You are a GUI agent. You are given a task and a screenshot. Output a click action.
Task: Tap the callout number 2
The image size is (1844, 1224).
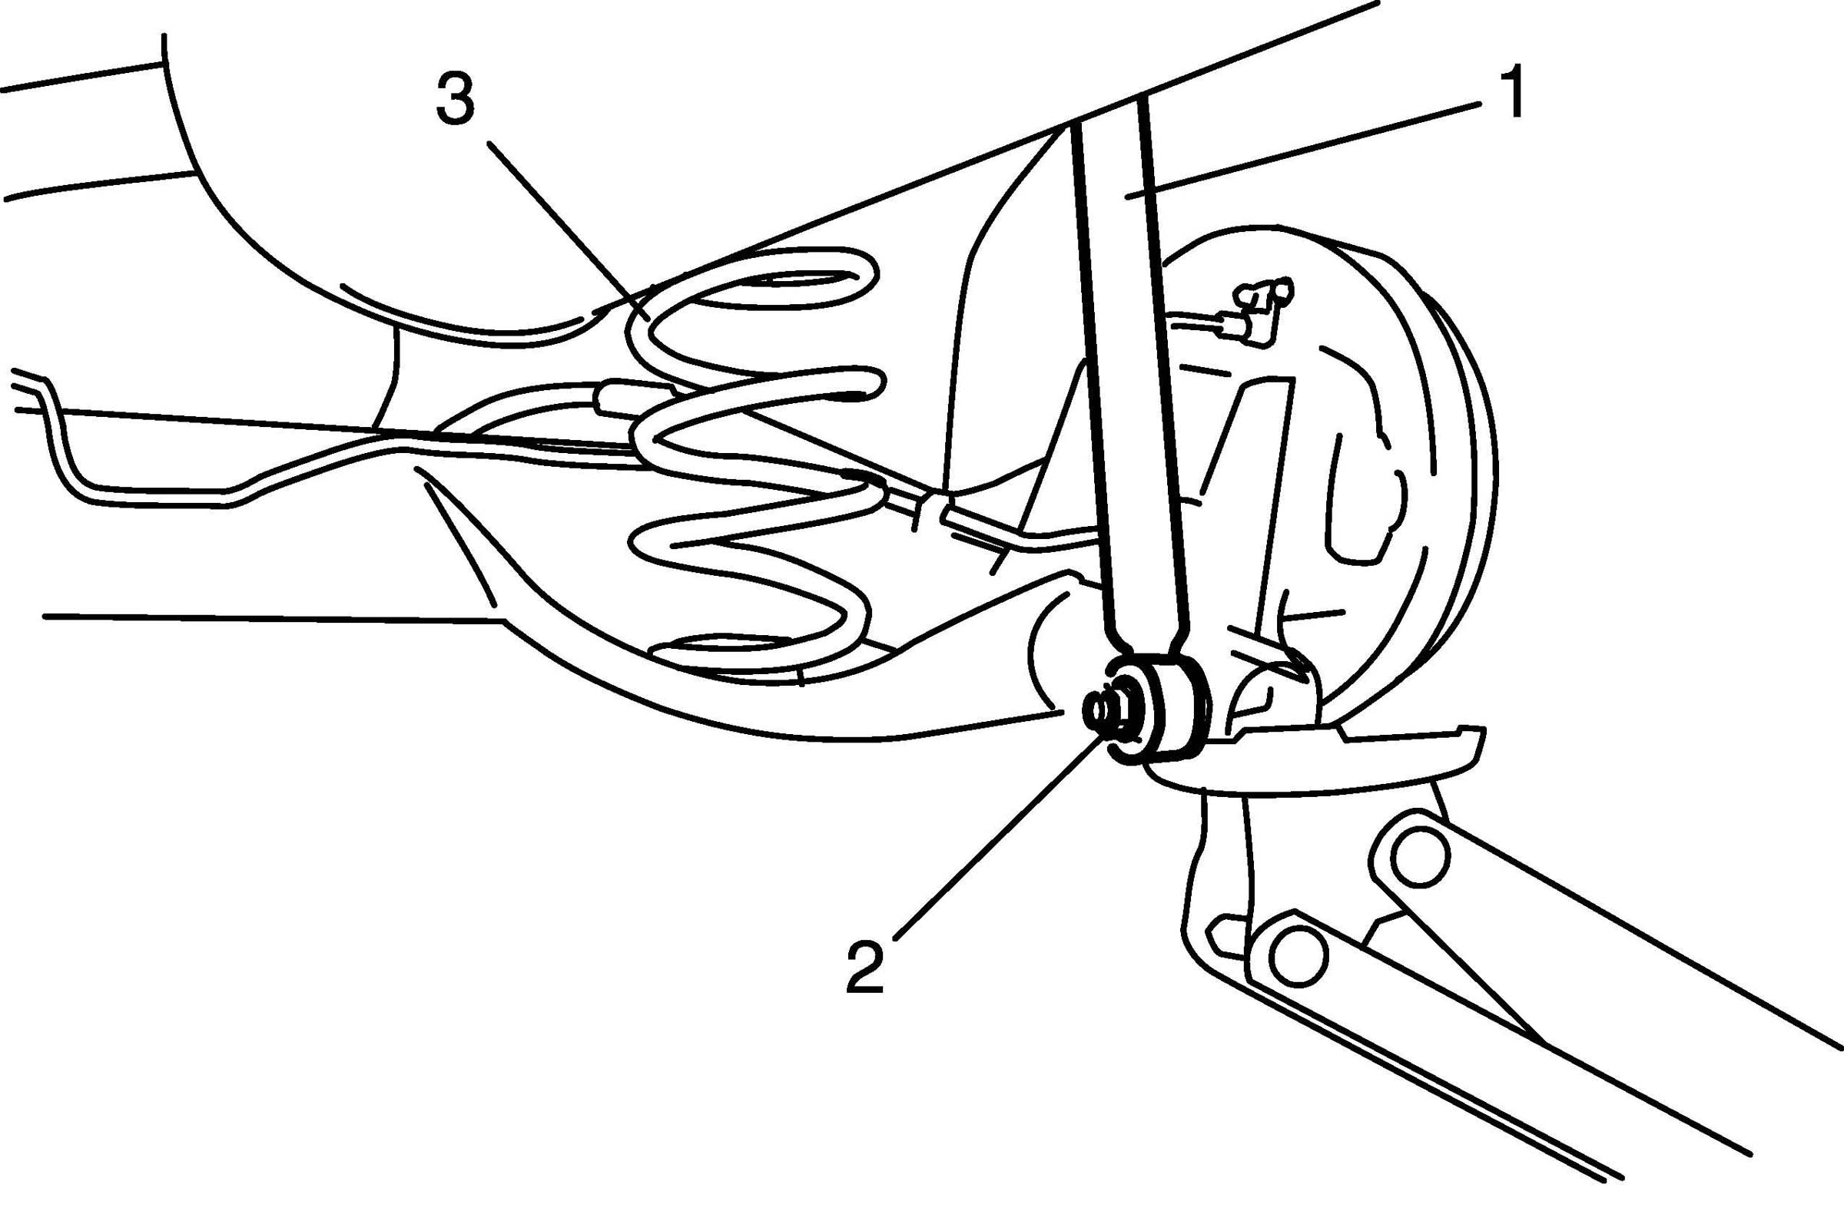pyautogui.click(x=864, y=968)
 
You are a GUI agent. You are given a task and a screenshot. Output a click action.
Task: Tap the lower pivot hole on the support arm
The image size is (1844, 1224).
pyautogui.click(x=1297, y=958)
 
